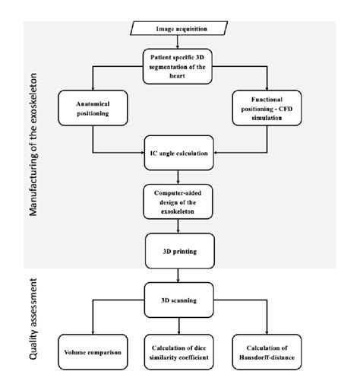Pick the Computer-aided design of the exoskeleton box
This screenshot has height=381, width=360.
180,199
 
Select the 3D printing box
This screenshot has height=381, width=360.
180,248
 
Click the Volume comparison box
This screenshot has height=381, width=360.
92,354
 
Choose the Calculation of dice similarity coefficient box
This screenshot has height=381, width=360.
180,354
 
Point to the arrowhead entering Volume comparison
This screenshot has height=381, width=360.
92,335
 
